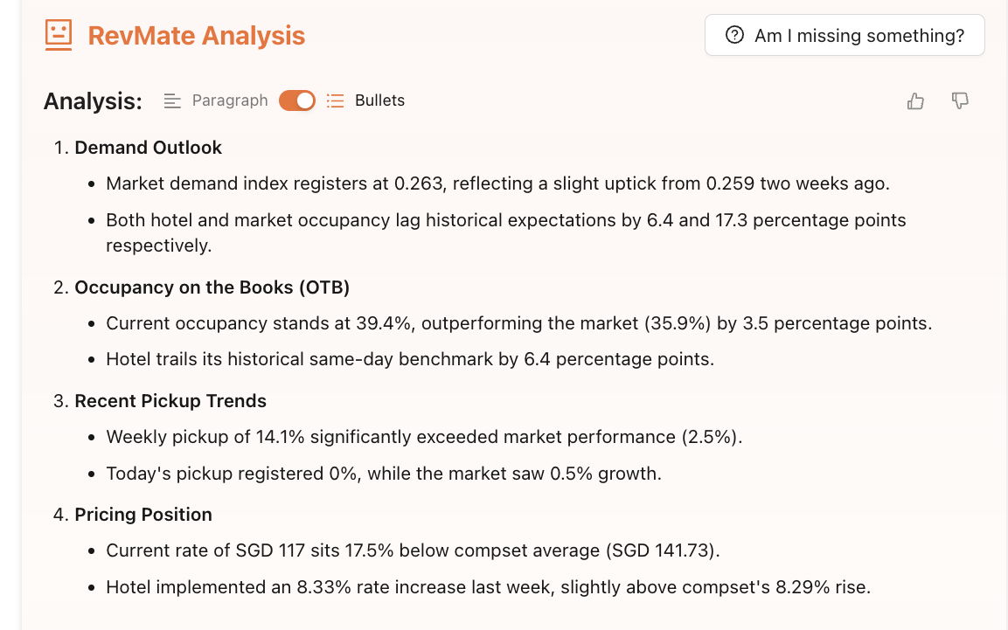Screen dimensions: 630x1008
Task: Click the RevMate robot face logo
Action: click(59, 36)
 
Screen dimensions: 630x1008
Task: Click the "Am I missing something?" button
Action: click(844, 36)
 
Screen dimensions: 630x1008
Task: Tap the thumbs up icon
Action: click(915, 101)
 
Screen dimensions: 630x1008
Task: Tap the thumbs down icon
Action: click(960, 101)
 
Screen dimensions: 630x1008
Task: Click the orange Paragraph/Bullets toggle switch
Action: click(297, 100)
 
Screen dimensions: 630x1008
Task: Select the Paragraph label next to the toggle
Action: click(230, 100)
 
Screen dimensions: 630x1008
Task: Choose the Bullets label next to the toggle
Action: click(379, 100)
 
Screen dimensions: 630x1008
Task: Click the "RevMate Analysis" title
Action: click(196, 36)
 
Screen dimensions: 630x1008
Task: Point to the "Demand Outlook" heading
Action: click(148, 148)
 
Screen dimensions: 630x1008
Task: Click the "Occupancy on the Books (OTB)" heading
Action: click(212, 287)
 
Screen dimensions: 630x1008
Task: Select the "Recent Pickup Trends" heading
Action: click(170, 401)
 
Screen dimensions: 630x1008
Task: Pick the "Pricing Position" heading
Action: click(143, 515)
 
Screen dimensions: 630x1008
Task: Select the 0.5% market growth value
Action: click(569, 474)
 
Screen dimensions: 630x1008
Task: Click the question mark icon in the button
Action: click(735, 36)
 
